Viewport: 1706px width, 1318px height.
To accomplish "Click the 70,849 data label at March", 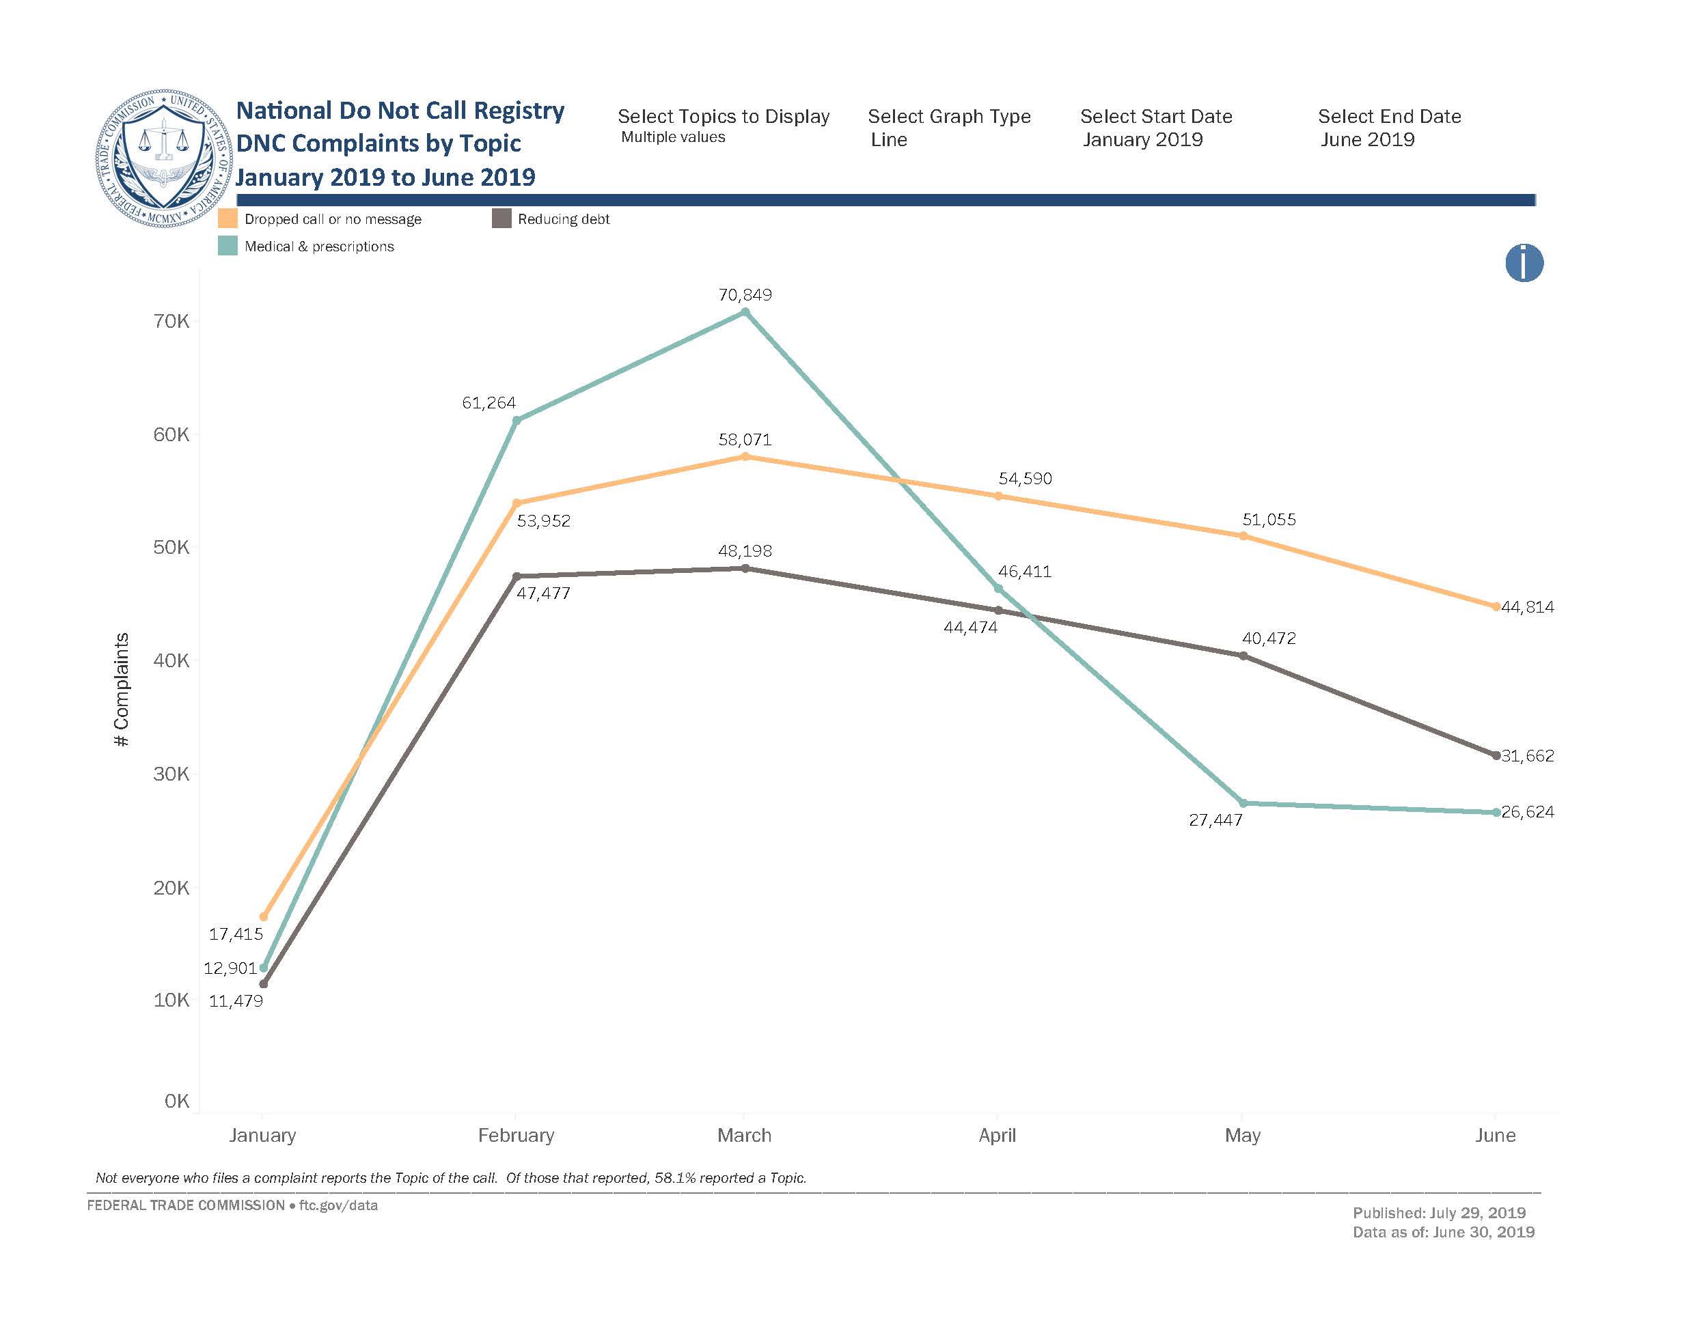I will point(745,295).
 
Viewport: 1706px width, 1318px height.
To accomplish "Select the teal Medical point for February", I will point(517,421).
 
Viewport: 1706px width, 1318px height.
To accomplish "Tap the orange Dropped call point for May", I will point(1243,536).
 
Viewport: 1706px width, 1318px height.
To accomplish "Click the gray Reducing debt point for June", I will point(1496,756).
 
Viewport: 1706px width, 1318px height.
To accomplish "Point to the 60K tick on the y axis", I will point(171,435).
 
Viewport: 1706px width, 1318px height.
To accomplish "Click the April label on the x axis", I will point(997,1135).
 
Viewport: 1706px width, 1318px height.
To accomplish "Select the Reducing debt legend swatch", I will point(501,219).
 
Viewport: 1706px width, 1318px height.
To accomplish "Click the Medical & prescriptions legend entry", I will point(318,247).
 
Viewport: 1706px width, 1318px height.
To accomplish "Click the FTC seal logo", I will point(163,158).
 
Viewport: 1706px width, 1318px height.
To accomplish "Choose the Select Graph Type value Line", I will point(889,140).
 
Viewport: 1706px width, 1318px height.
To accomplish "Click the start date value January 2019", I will point(1142,140).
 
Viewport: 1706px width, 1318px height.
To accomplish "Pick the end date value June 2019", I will point(1367,140).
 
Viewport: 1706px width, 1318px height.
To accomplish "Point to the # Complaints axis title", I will point(121,690).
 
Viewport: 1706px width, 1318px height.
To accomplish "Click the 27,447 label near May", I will point(1215,821).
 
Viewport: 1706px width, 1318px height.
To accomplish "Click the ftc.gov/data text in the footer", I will point(338,1205).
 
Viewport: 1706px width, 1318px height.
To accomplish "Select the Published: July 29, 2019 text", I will point(1439,1213).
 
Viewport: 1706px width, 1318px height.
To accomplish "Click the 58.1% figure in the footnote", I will point(675,1177).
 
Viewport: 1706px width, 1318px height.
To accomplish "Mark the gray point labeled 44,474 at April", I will point(998,611).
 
